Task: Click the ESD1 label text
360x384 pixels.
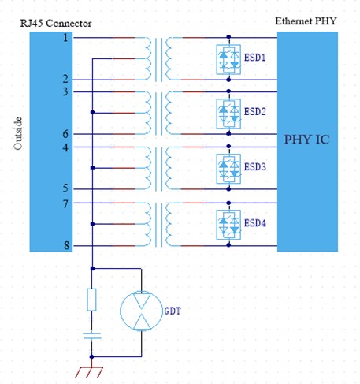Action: (x=254, y=58)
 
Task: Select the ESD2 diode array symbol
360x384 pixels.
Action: (x=228, y=114)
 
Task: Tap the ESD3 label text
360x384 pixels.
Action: (x=255, y=166)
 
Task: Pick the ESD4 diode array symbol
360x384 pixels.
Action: (x=228, y=225)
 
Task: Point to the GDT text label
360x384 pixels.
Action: (x=173, y=311)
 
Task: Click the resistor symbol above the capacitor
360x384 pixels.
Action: (x=91, y=300)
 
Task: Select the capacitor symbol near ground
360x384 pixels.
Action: (x=92, y=336)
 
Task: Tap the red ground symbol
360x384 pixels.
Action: (x=89, y=371)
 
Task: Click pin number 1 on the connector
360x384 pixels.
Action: (x=65, y=38)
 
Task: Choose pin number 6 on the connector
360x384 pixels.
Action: (x=65, y=134)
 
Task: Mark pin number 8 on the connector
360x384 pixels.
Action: (x=67, y=245)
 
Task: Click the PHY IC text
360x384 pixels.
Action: (x=307, y=140)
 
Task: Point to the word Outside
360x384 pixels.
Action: (x=18, y=133)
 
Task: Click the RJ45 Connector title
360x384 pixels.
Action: (x=56, y=24)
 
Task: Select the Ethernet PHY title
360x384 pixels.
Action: (x=306, y=21)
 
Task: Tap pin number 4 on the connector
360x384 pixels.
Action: (x=65, y=147)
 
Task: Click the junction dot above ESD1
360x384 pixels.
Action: (x=228, y=37)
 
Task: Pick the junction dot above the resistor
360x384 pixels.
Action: (x=92, y=268)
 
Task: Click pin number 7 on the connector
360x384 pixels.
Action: (x=65, y=204)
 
